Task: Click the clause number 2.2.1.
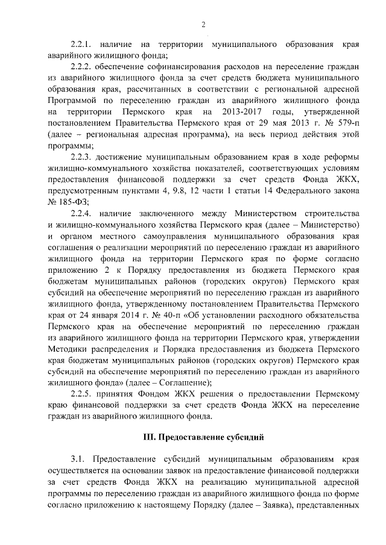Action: (81, 45)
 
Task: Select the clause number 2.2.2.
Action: (81, 67)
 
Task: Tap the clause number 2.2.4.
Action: (81, 214)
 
